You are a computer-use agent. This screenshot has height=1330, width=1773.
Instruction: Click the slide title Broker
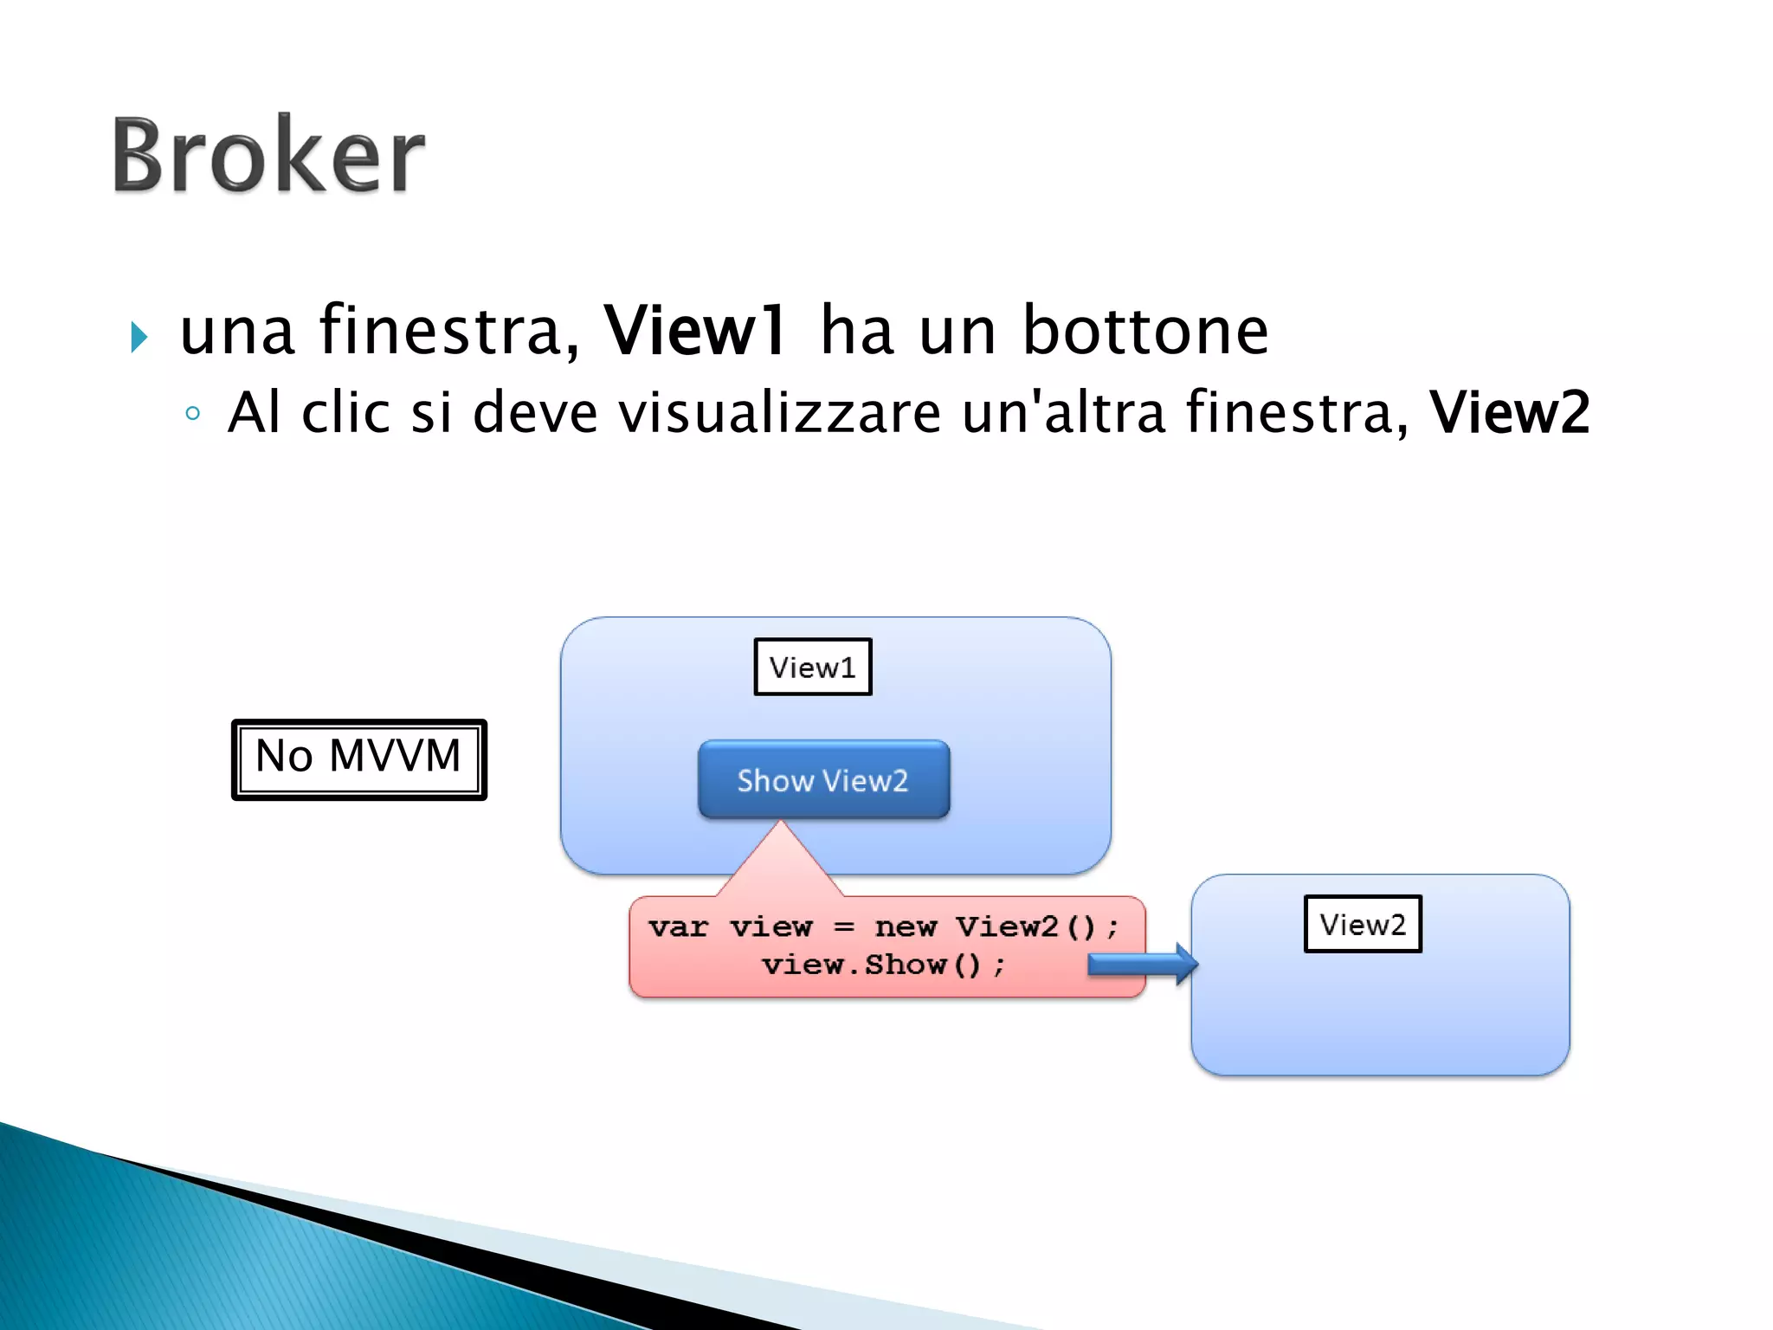268,156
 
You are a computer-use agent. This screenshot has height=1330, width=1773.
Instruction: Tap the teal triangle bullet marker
139,337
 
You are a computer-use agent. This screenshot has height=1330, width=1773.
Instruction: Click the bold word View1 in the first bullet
695,331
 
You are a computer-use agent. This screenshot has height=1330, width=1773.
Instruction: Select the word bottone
1144,331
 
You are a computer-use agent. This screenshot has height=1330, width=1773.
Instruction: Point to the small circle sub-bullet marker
193,414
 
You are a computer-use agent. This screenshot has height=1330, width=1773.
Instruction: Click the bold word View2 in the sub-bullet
1509,412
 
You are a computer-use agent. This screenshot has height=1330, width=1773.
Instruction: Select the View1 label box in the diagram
812,667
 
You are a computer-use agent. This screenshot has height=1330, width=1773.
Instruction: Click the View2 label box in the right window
1363,924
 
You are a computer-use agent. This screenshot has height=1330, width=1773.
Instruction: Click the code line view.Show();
883,965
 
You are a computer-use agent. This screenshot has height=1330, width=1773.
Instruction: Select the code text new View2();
996,926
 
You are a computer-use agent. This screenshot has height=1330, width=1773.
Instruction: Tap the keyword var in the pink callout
678,926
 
